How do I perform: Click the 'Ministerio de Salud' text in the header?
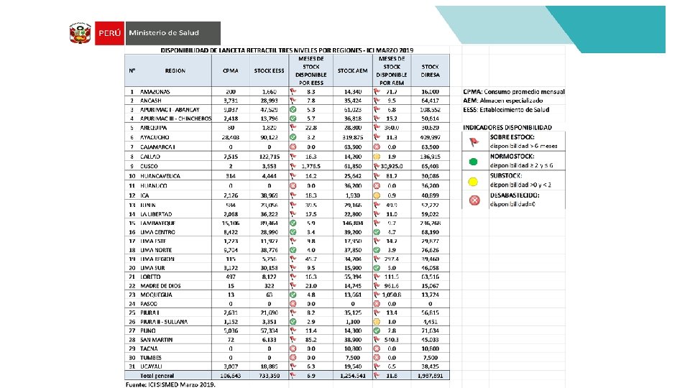[x=163, y=33]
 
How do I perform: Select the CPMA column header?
[x=230, y=70]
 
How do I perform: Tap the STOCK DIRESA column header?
[x=431, y=70]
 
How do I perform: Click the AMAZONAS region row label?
[x=155, y=92]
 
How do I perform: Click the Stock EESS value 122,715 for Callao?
[x=269, y=155]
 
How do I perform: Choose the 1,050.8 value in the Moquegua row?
[x=391, y=295]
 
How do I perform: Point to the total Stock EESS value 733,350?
[x=269, y=375]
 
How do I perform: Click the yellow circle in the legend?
[x=474, y=181]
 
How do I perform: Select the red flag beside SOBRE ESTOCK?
[x=474, y=142]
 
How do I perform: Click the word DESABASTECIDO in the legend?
[x=516, y=195]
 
